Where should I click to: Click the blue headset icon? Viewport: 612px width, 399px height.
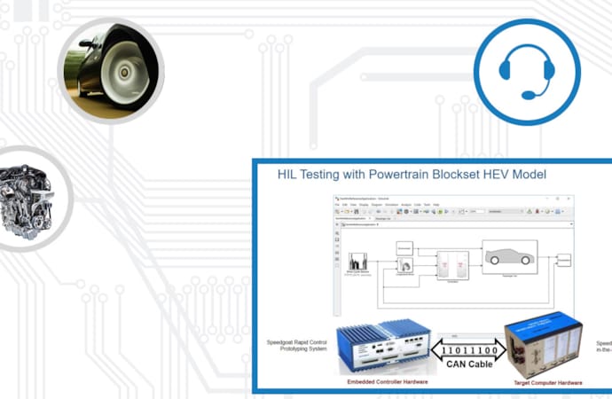tap(526, 72)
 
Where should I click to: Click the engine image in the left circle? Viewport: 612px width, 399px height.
tap(25, 198)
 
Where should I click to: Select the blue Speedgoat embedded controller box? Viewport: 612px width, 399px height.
tap(383, 347)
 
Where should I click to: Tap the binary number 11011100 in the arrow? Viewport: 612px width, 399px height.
tap(463, 349)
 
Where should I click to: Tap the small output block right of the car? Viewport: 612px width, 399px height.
tap(564, 259)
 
